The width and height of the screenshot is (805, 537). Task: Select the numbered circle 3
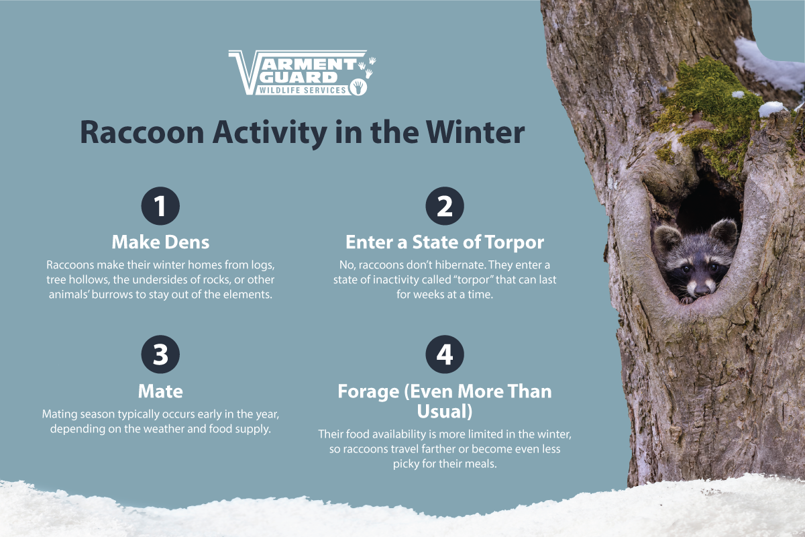click(160, 355)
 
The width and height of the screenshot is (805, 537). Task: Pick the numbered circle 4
click(445, 355)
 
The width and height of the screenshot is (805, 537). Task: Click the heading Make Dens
click(160, 242)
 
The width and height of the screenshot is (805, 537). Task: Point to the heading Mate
click(160, 391)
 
